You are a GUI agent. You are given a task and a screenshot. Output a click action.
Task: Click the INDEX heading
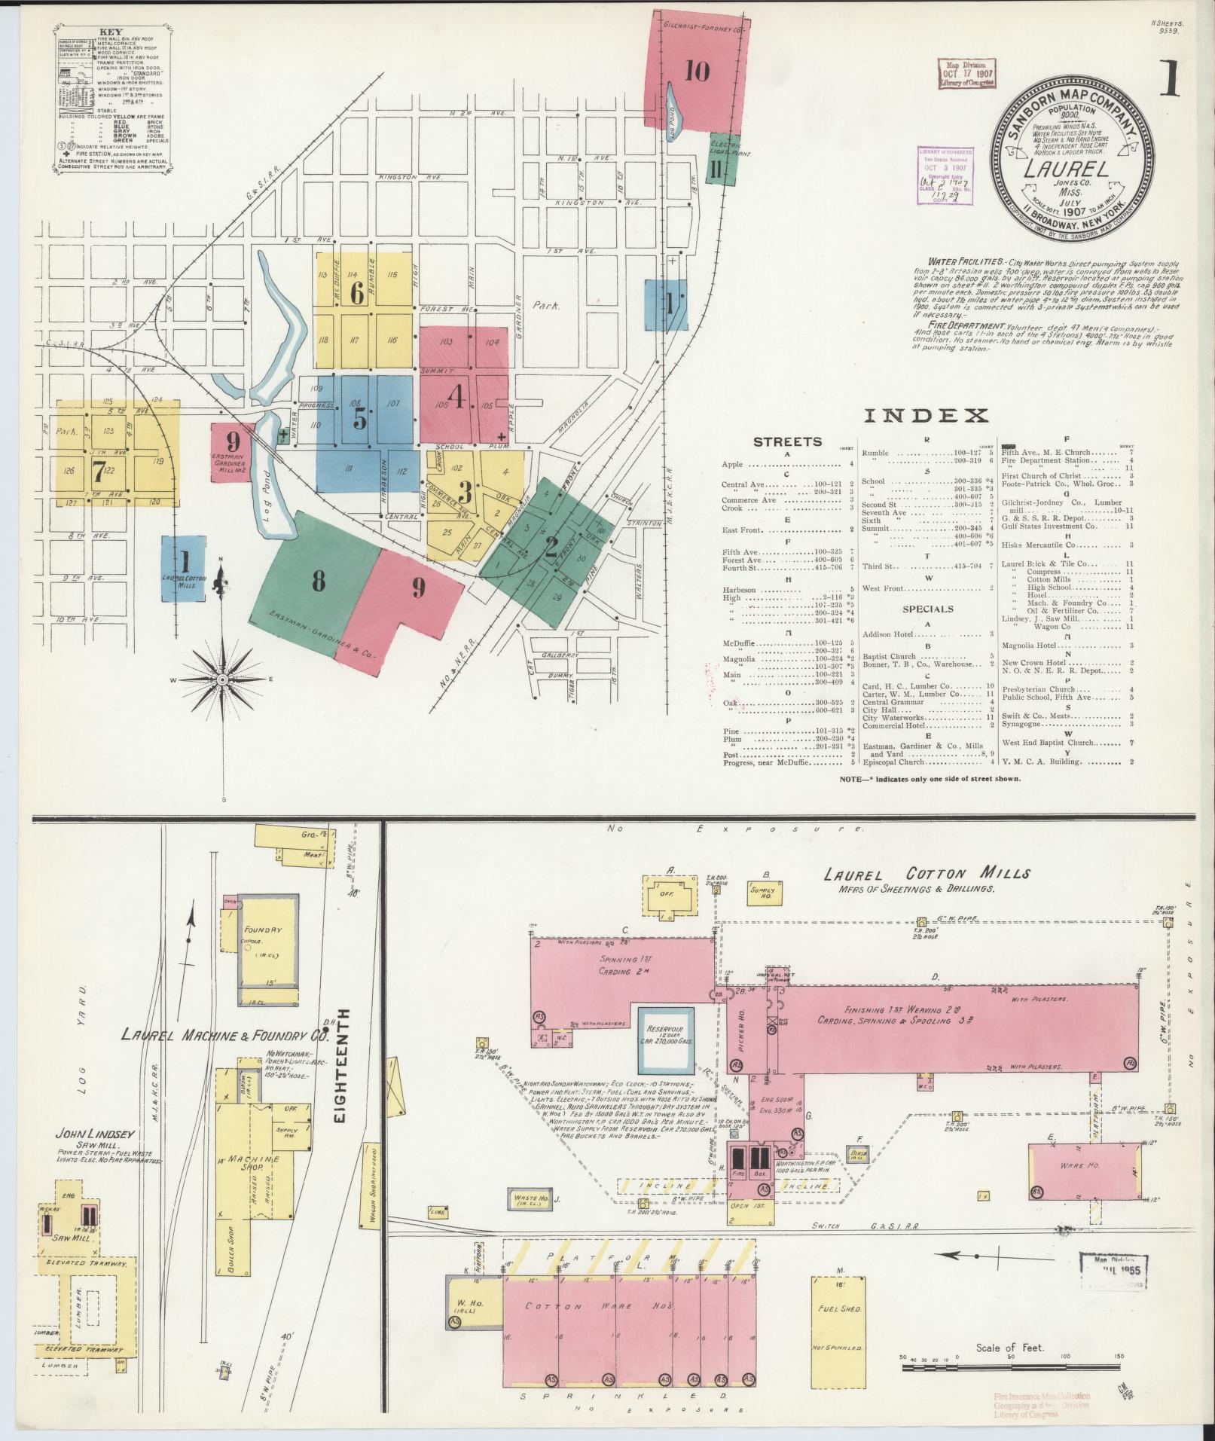tap(925, 415)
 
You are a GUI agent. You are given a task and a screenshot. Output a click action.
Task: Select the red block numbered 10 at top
tap(698, 72)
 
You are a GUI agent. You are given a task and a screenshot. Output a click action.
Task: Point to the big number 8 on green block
tap(319, 582)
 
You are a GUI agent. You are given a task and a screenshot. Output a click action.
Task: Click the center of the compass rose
tap(223, 680)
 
